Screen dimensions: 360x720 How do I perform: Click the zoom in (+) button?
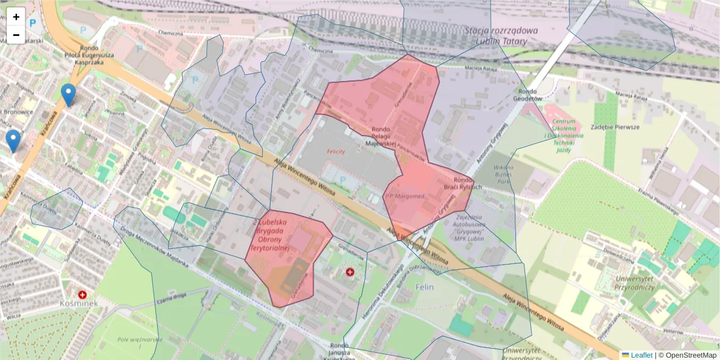click(16, 17)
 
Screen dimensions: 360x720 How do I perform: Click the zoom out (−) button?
click(16, 35)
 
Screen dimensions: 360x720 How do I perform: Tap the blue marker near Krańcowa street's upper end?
click(69, 95)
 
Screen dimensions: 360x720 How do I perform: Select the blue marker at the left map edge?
click(13, 140)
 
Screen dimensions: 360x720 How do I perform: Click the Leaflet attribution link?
click(641, 355)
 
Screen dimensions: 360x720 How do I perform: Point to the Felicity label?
click(336, 152)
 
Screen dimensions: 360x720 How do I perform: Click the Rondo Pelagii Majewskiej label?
click(384, 136)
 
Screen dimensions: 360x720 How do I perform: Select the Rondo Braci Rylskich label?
click(467, 183)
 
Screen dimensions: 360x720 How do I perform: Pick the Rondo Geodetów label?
click(530, 95)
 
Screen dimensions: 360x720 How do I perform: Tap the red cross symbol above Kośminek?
click(83, 295)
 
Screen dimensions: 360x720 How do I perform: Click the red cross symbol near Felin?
click(350, 272)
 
